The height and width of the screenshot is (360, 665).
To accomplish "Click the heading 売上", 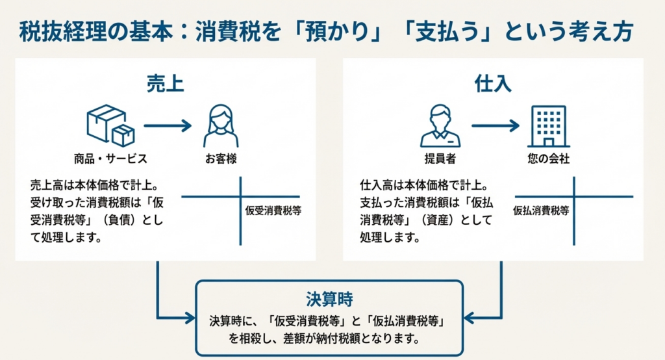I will pos(165,84).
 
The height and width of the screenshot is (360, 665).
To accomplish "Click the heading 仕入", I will pos(493,84).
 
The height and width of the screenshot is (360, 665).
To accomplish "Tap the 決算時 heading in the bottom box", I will pos(329,300).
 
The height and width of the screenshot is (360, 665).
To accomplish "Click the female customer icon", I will pos(221,127).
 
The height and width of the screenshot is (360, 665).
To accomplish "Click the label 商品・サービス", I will pos(110,159).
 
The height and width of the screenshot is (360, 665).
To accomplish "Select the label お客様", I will pos(221,159).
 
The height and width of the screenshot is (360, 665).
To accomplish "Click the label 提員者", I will pos(440,159).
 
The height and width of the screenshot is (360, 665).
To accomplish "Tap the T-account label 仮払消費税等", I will pos(541,211).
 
